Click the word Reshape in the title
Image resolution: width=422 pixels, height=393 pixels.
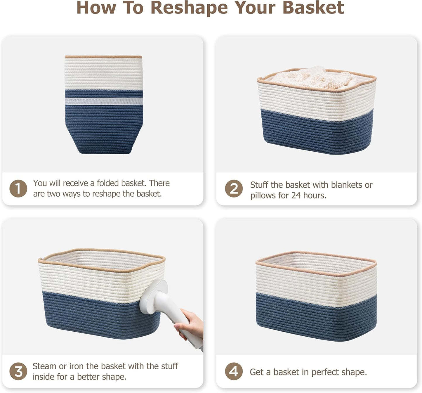pos(189,8)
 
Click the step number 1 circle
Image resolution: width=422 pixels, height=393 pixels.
pos(18,188)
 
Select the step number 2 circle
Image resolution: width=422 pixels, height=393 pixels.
pos(234,188)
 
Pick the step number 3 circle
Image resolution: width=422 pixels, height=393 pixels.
pos(18,371)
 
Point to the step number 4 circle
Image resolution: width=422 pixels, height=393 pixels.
pos(234,371)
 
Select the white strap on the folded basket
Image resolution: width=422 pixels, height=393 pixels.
pos(104,101)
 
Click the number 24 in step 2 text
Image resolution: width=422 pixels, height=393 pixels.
pos(296,195)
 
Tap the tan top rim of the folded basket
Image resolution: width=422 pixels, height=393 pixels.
pos(103,57)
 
